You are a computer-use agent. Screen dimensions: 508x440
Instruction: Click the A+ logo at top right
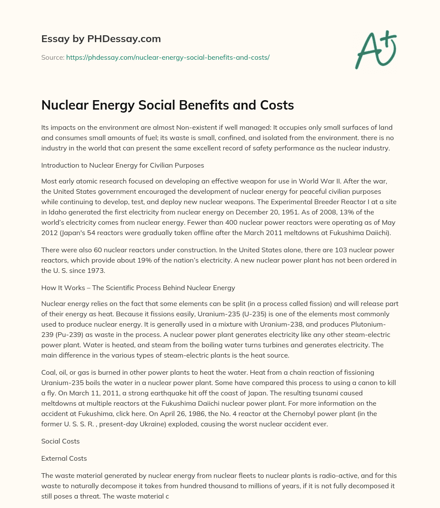[x=375, y=49]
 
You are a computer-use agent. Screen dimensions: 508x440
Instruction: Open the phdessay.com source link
[x=168, y=57]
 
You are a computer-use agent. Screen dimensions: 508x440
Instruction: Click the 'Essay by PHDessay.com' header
[x=101, y=39]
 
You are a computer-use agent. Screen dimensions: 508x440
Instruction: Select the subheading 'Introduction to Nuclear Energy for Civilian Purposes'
[x=122, y=165]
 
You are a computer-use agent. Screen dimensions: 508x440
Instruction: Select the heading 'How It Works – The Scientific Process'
[x=138, y=288]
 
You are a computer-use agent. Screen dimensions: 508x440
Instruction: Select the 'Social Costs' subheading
[x=61, y=441]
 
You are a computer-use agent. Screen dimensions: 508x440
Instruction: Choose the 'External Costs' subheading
[x=64, y=458]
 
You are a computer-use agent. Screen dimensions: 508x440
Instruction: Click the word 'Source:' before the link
[x=53, y=57]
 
